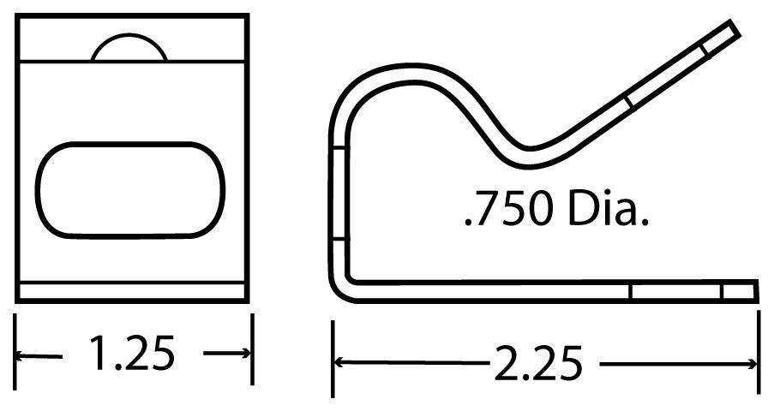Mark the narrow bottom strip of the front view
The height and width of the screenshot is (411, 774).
tap(132, 291)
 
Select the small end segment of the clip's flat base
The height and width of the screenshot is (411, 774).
tap(740, 291)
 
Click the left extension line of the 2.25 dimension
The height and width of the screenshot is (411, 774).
tap(333, 360)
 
